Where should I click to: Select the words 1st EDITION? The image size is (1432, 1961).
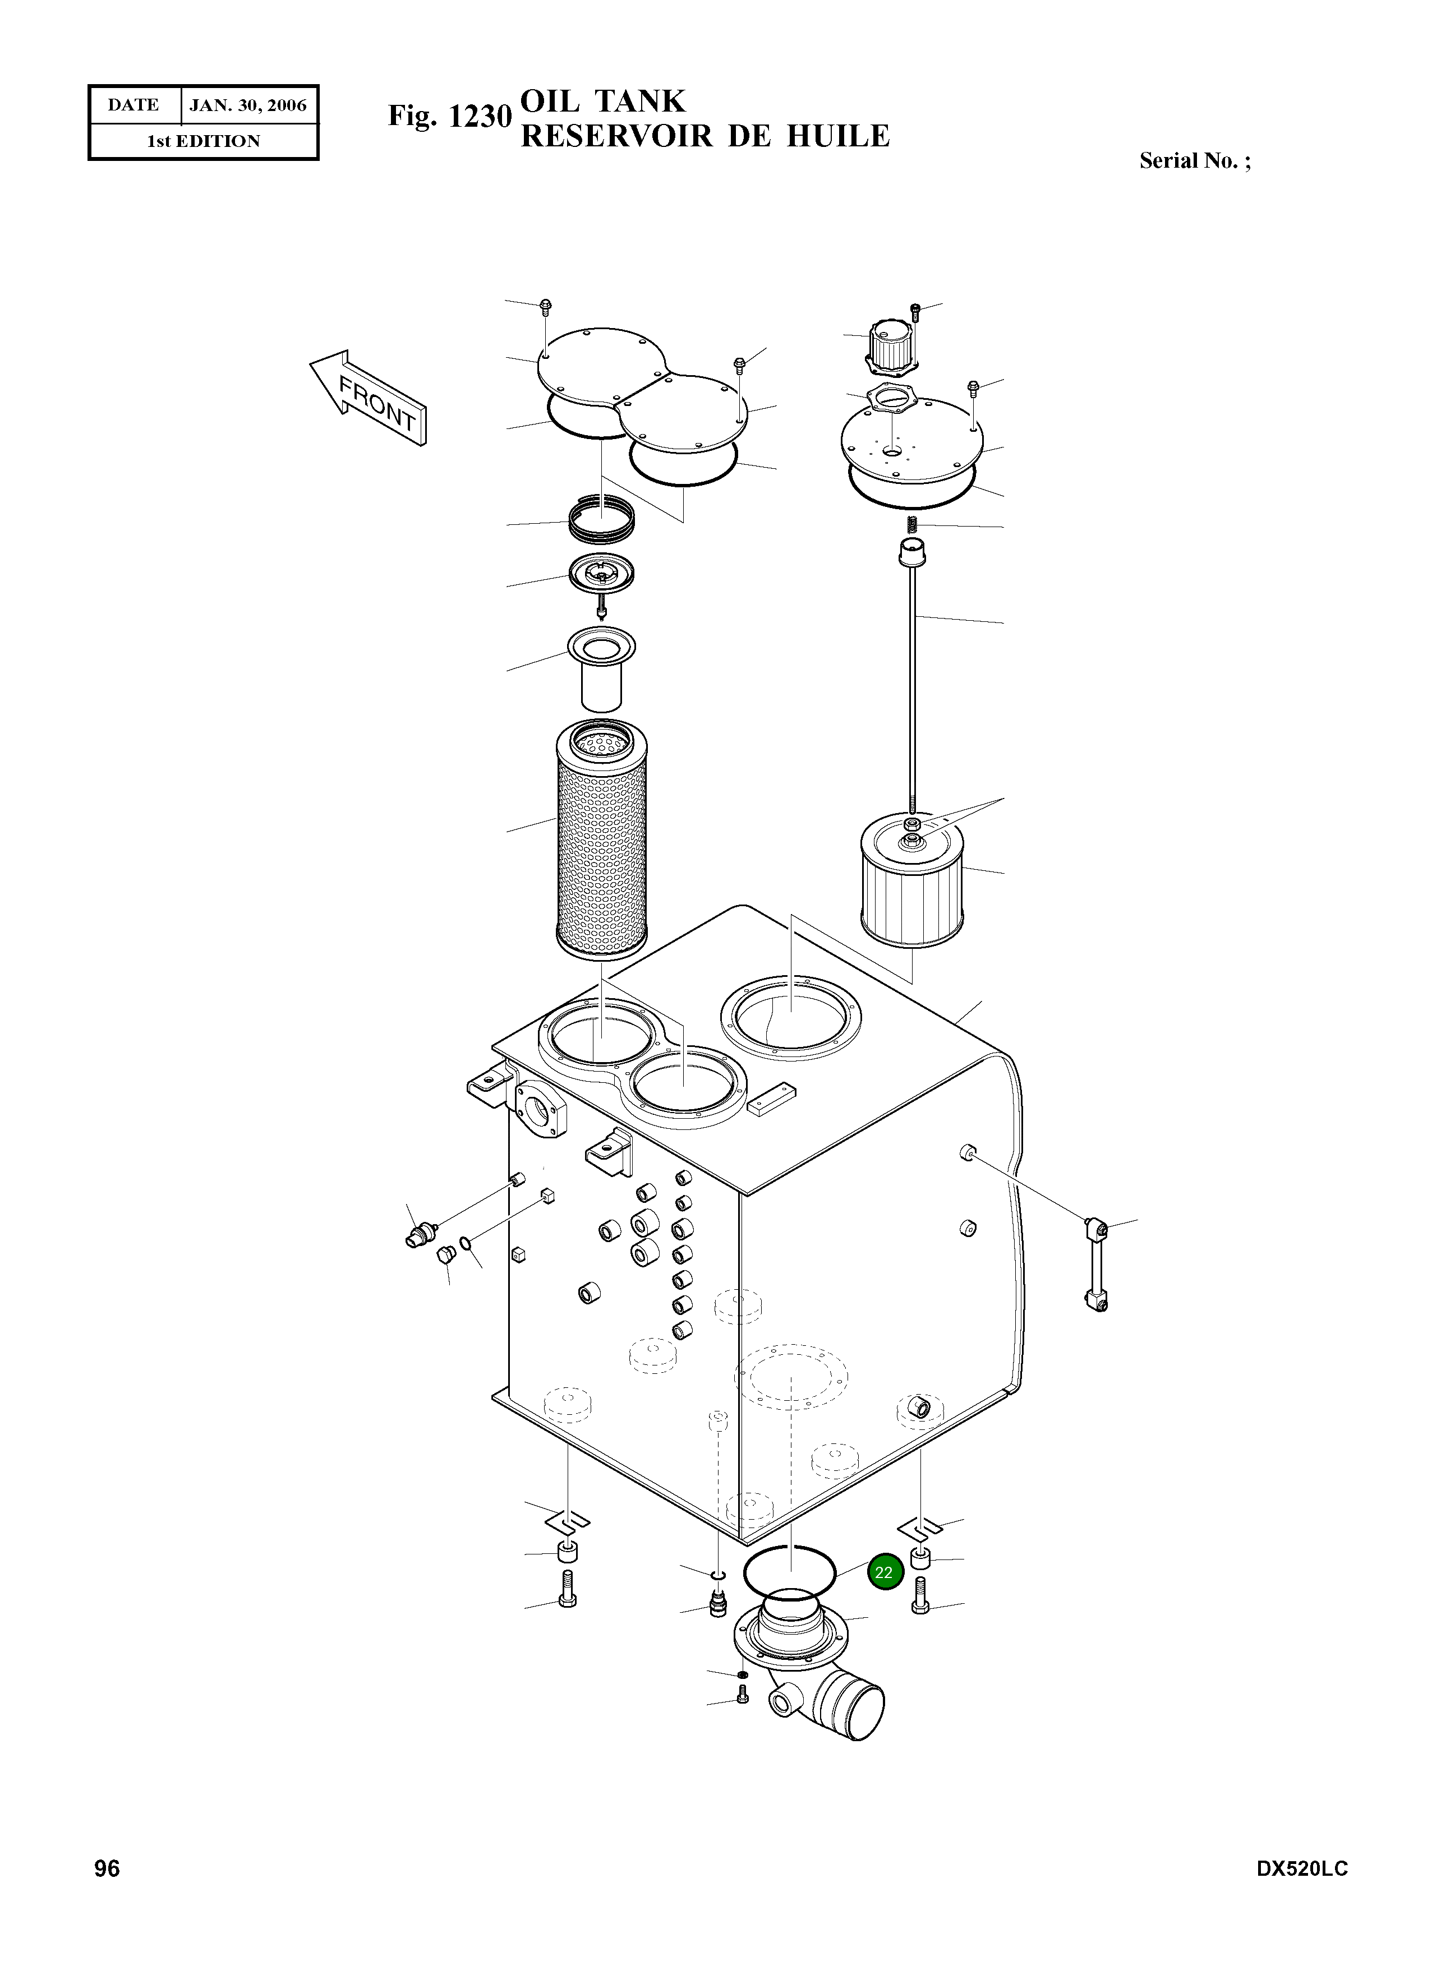203,141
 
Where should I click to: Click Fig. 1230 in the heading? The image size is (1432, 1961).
449,116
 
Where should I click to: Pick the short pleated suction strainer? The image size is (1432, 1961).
912,885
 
